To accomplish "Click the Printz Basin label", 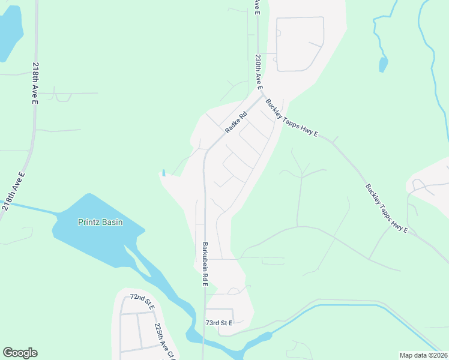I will pyautogui.click(x=100, y=222).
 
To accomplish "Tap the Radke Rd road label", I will pyautogui.click(x=236, y=123).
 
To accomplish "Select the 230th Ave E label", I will pyautogui.click(x=258, y=71).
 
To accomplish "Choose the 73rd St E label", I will pyautogui.click(x=218, y=323).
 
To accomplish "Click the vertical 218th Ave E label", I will pyautogui.click(x=35, y=84).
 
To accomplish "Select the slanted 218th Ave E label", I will pyautogui.click(x=14, y=190).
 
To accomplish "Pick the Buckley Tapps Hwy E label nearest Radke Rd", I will pyautogui.click(x=292, y=118).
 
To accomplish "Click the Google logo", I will pyautogui.click(x=20, y=353).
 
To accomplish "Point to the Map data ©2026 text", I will pyautogui.click(x=423, y=355).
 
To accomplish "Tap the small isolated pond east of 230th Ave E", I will pyautogui.click(x=383, y=64).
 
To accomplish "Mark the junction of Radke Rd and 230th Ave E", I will pyautogui.click(x=262, y=94).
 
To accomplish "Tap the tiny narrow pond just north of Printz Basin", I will pyautogui.click(x=163, y=173).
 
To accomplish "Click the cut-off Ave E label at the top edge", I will pyautogui.click(x=256, y=5).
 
